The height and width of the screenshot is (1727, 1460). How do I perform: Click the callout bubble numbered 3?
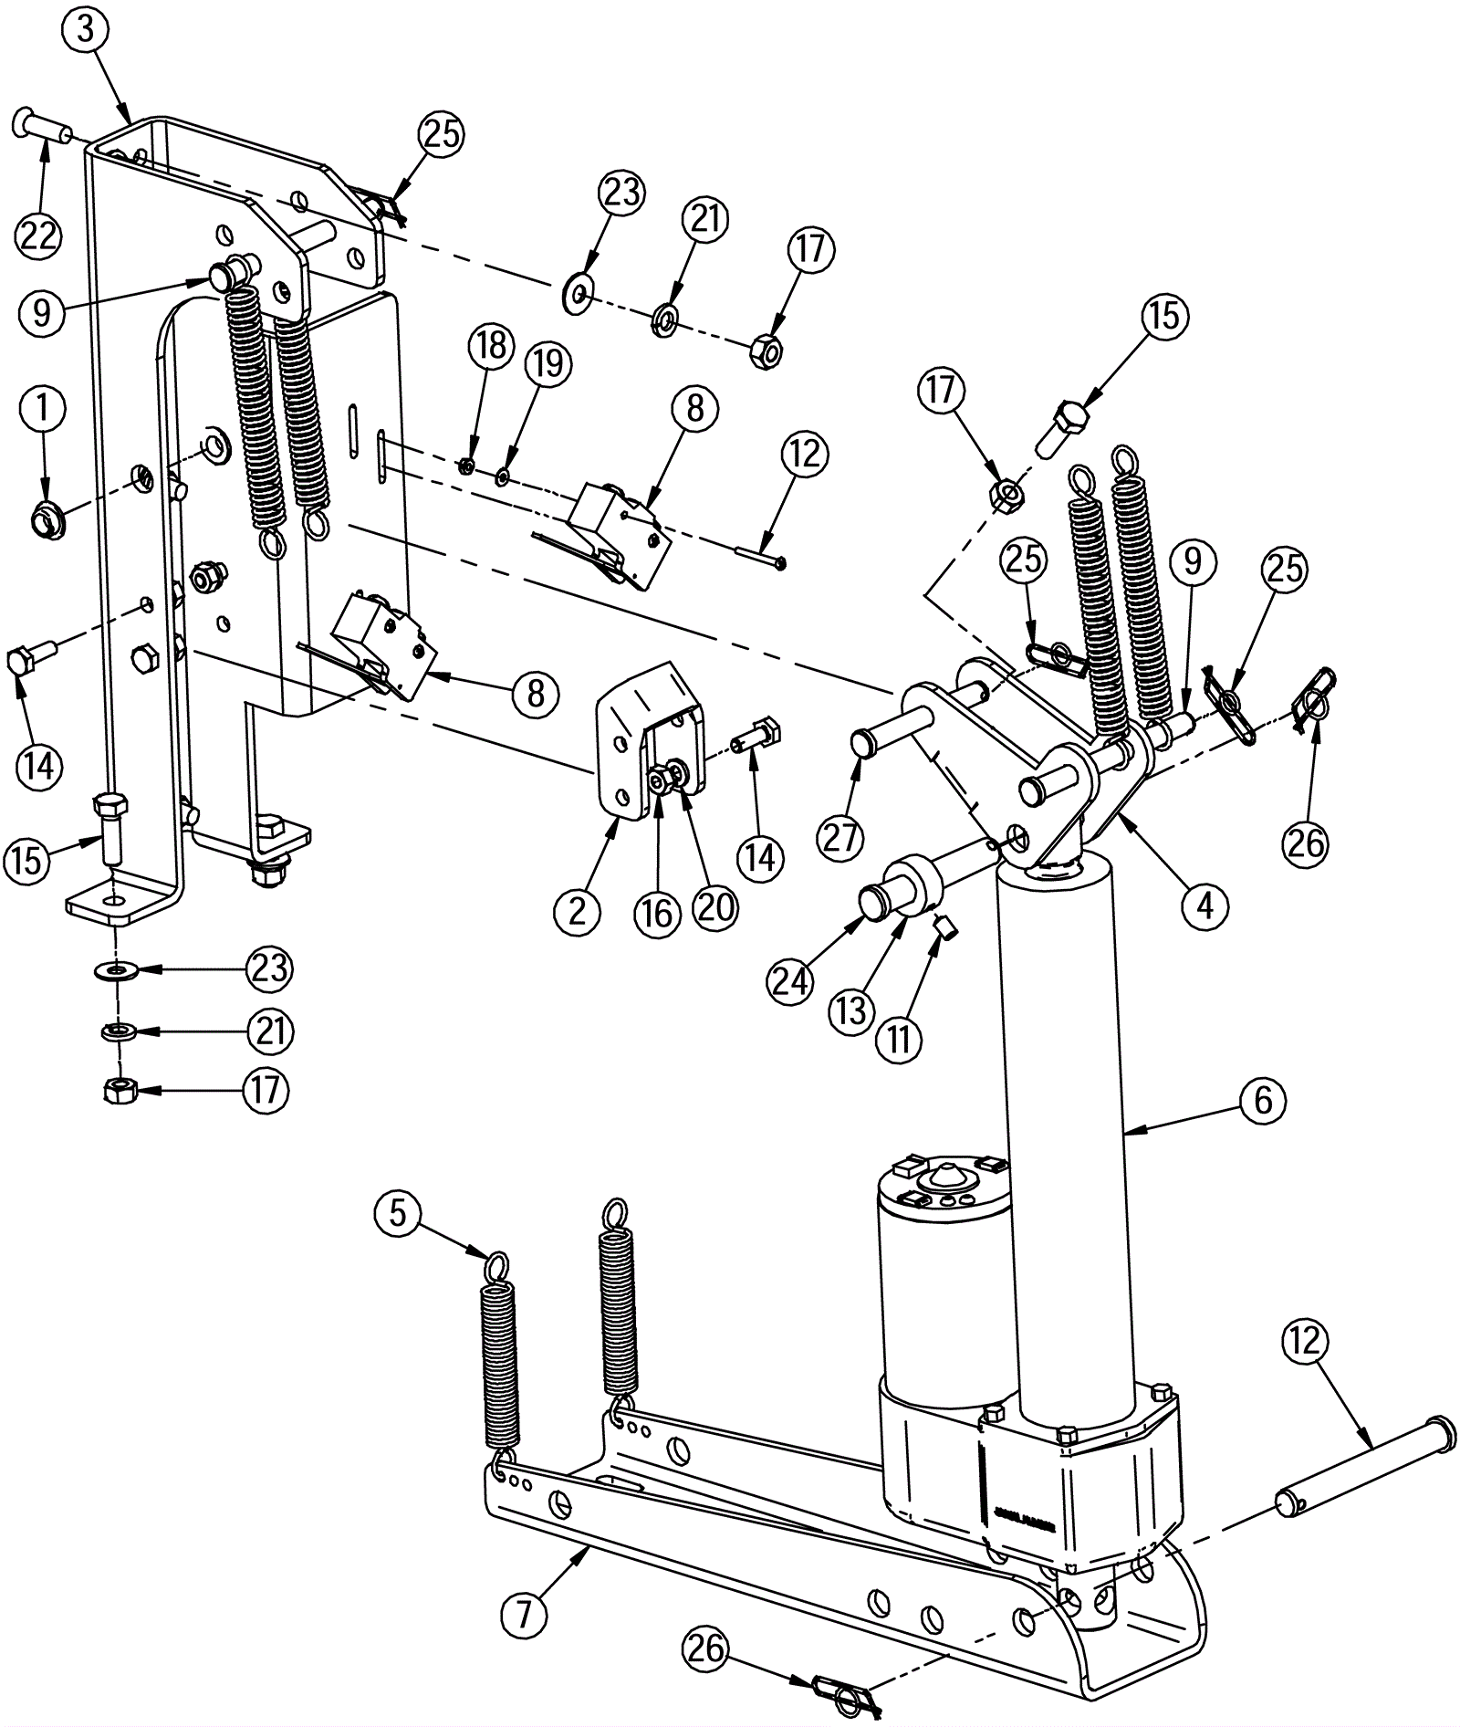85,29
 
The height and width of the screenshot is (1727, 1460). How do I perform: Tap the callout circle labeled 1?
41,409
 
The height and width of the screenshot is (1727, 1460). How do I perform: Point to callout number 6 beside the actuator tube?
1262,1100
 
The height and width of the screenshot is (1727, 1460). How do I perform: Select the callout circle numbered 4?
1205,905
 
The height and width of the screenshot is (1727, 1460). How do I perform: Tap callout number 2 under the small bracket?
577,911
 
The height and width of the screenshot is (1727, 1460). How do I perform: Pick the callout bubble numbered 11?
900,1038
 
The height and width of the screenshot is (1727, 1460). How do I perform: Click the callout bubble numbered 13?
850,1011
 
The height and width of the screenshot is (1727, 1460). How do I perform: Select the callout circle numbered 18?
491,348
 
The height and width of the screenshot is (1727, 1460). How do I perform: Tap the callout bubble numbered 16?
657,914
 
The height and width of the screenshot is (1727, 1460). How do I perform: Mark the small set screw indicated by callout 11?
946,929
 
